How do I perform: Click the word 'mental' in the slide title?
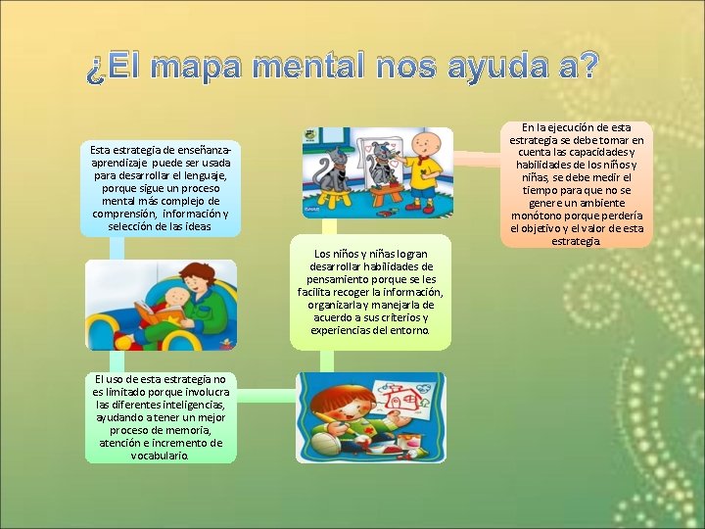[285, 68]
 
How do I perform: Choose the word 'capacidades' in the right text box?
[596, 152]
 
